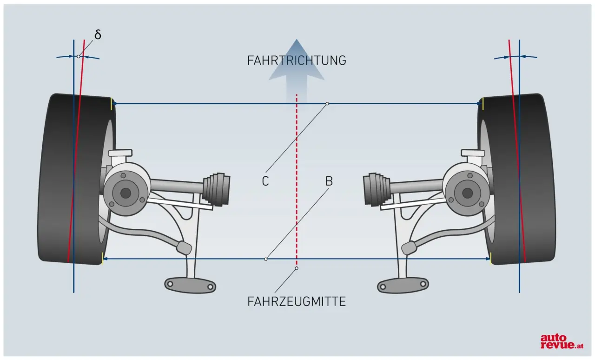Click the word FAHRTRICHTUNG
(x=297, y=60)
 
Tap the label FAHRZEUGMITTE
(x=297, y=301)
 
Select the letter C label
(x=265, y=181)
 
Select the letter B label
(x=329, y=181)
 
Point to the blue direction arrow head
(x=297, y=53)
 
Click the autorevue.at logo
(x=561, y=341)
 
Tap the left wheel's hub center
(x=125, y=192)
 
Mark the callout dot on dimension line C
(x=327, y=103)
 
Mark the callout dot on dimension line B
(x=266, y=259)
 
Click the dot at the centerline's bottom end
(x=297, y=268)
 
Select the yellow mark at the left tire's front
(x=112, y=104)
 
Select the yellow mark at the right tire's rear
(x=491, y=259)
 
